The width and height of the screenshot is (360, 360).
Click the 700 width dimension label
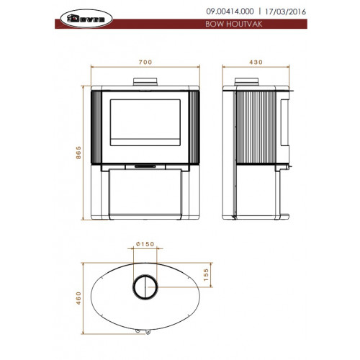tap(145, 62)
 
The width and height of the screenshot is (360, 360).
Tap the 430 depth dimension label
tap(256, 62)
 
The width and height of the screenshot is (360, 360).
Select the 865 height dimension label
tap(78, 153)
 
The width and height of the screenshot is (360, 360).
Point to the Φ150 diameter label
tap(145, 244)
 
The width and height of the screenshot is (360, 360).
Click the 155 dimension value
tap(206, 275)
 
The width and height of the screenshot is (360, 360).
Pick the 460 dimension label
tap(78, 298)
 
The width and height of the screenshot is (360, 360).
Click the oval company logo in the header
tap(86, 19)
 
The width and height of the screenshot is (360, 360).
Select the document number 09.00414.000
tap(230, 12)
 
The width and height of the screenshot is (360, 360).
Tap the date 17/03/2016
tap(285, 12)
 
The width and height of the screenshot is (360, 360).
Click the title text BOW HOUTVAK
tap(233, 24)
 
